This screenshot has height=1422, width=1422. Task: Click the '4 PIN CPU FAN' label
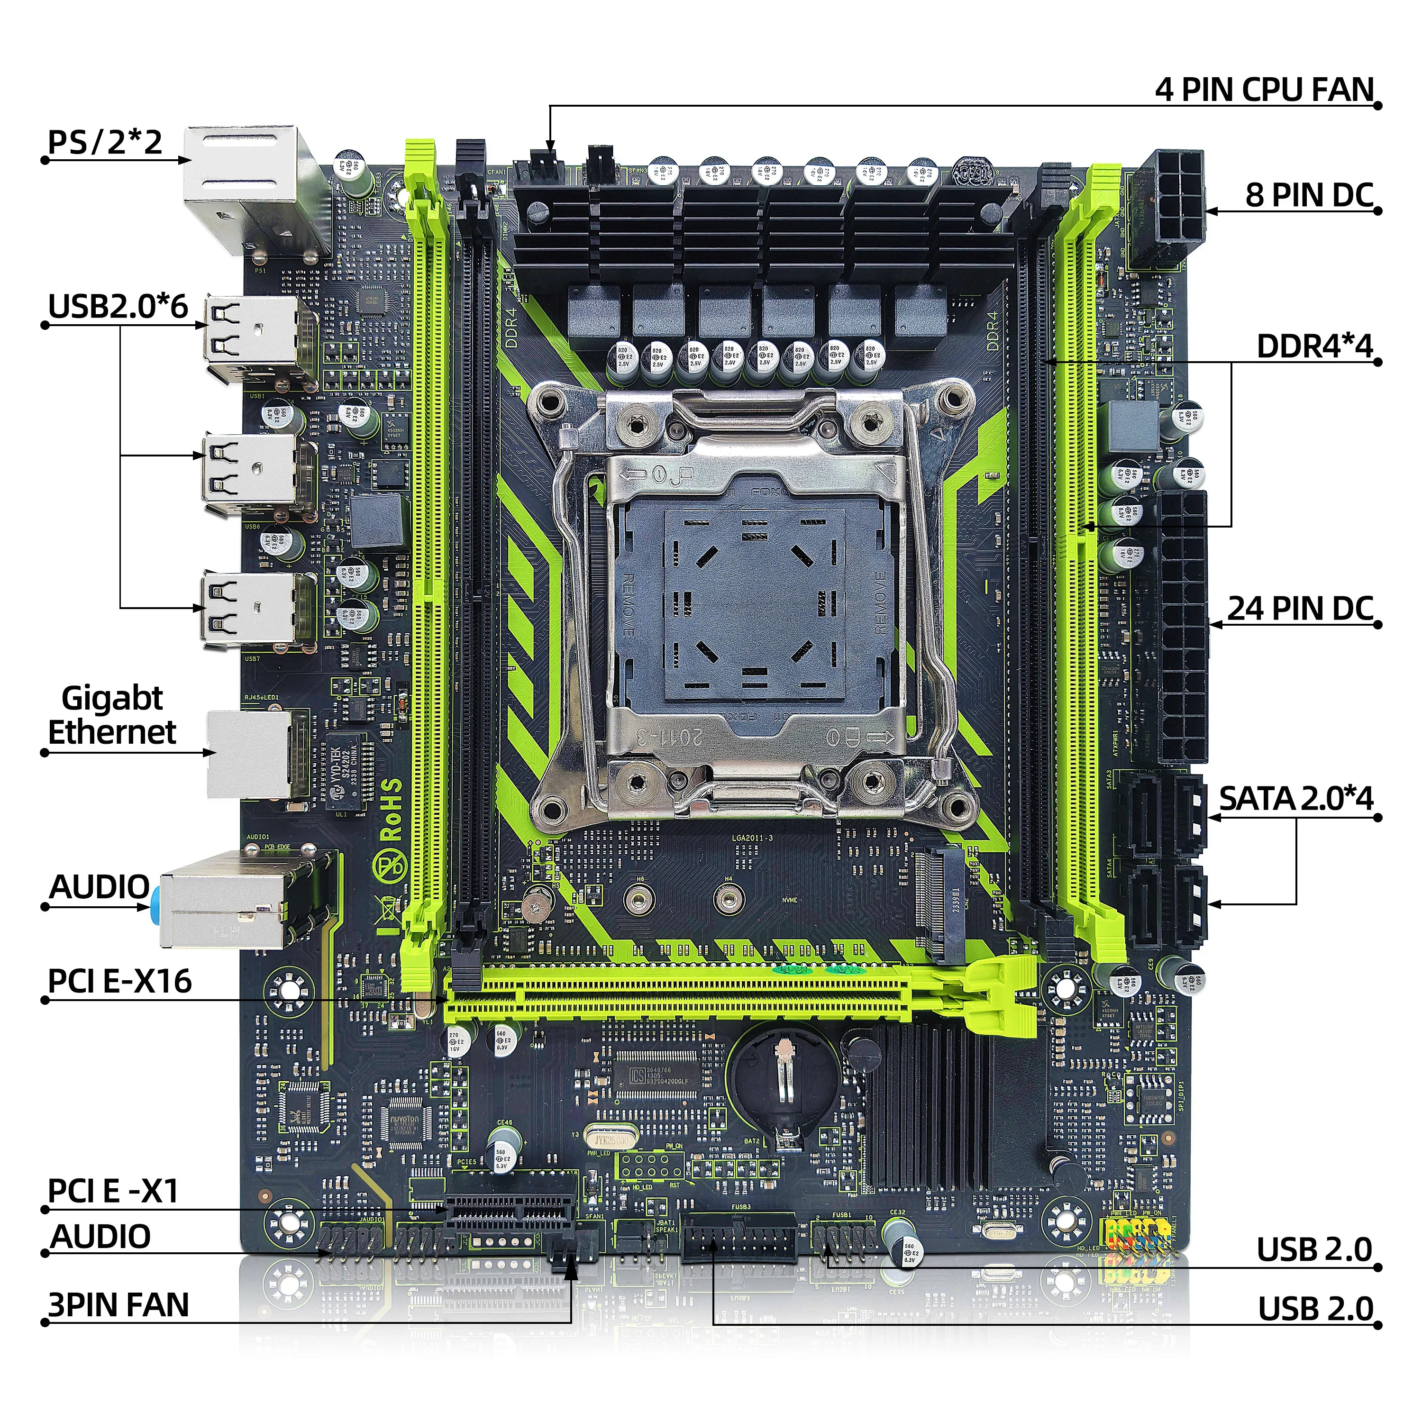(1264, 90)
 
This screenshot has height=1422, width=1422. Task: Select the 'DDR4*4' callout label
(1314, 346)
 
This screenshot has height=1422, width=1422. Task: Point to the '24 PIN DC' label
(1300, 609)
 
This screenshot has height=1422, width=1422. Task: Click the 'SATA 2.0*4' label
(1296, 799)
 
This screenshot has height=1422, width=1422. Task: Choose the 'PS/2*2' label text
(104, 142)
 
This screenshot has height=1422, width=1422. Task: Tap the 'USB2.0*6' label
(118, 306)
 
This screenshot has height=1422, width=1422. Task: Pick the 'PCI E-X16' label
(119, 981)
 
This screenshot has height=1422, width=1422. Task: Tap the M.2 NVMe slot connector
(943, 906)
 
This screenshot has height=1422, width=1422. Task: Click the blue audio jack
(156, 907)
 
